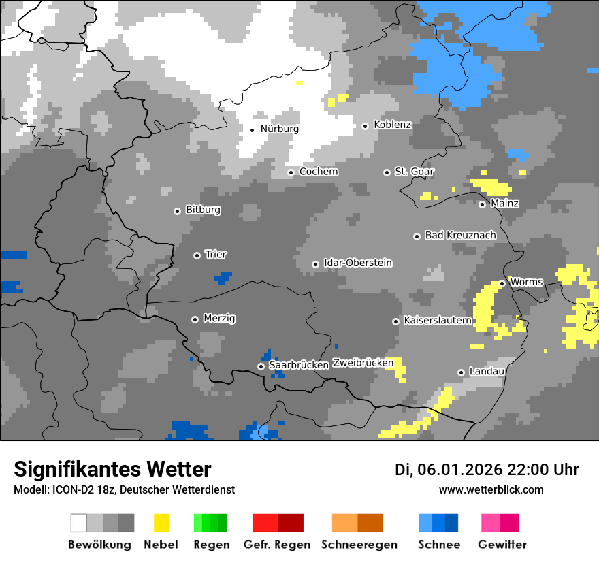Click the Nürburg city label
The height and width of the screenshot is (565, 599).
click(x=279, y=129)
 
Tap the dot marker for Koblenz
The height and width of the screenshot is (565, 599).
click(x=365, y=125)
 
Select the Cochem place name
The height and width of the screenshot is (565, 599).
click(x=319, y=172)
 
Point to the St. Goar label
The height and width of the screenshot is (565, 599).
click(x=415, y=172)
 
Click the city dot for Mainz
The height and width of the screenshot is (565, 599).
click(x=482, y=204)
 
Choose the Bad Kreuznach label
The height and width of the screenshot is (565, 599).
click(x=460, y=236)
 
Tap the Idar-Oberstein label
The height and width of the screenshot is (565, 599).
click(x=358, y=263)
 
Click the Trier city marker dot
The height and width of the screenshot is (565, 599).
click(x=197, y=255)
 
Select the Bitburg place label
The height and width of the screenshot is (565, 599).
click(x=203, y=210)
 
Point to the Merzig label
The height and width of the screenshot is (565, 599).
click(x=219, y=319)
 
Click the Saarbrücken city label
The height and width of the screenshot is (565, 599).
click(x=299, y=365)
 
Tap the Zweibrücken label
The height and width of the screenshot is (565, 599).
click(x=363, y=363)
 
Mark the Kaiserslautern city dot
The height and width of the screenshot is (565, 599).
click(x=395, y=321)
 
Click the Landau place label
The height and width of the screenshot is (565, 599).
click(x=487, y=371)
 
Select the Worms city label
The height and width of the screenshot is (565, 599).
click(x=526, y=282)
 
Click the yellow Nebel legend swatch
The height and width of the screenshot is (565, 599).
click(x=161, y=523)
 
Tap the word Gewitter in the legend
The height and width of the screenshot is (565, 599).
click(x=502, y=545)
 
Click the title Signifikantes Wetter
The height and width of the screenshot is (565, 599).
click(x=112, y=470)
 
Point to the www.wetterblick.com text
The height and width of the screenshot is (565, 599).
click(x=491, y=490)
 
